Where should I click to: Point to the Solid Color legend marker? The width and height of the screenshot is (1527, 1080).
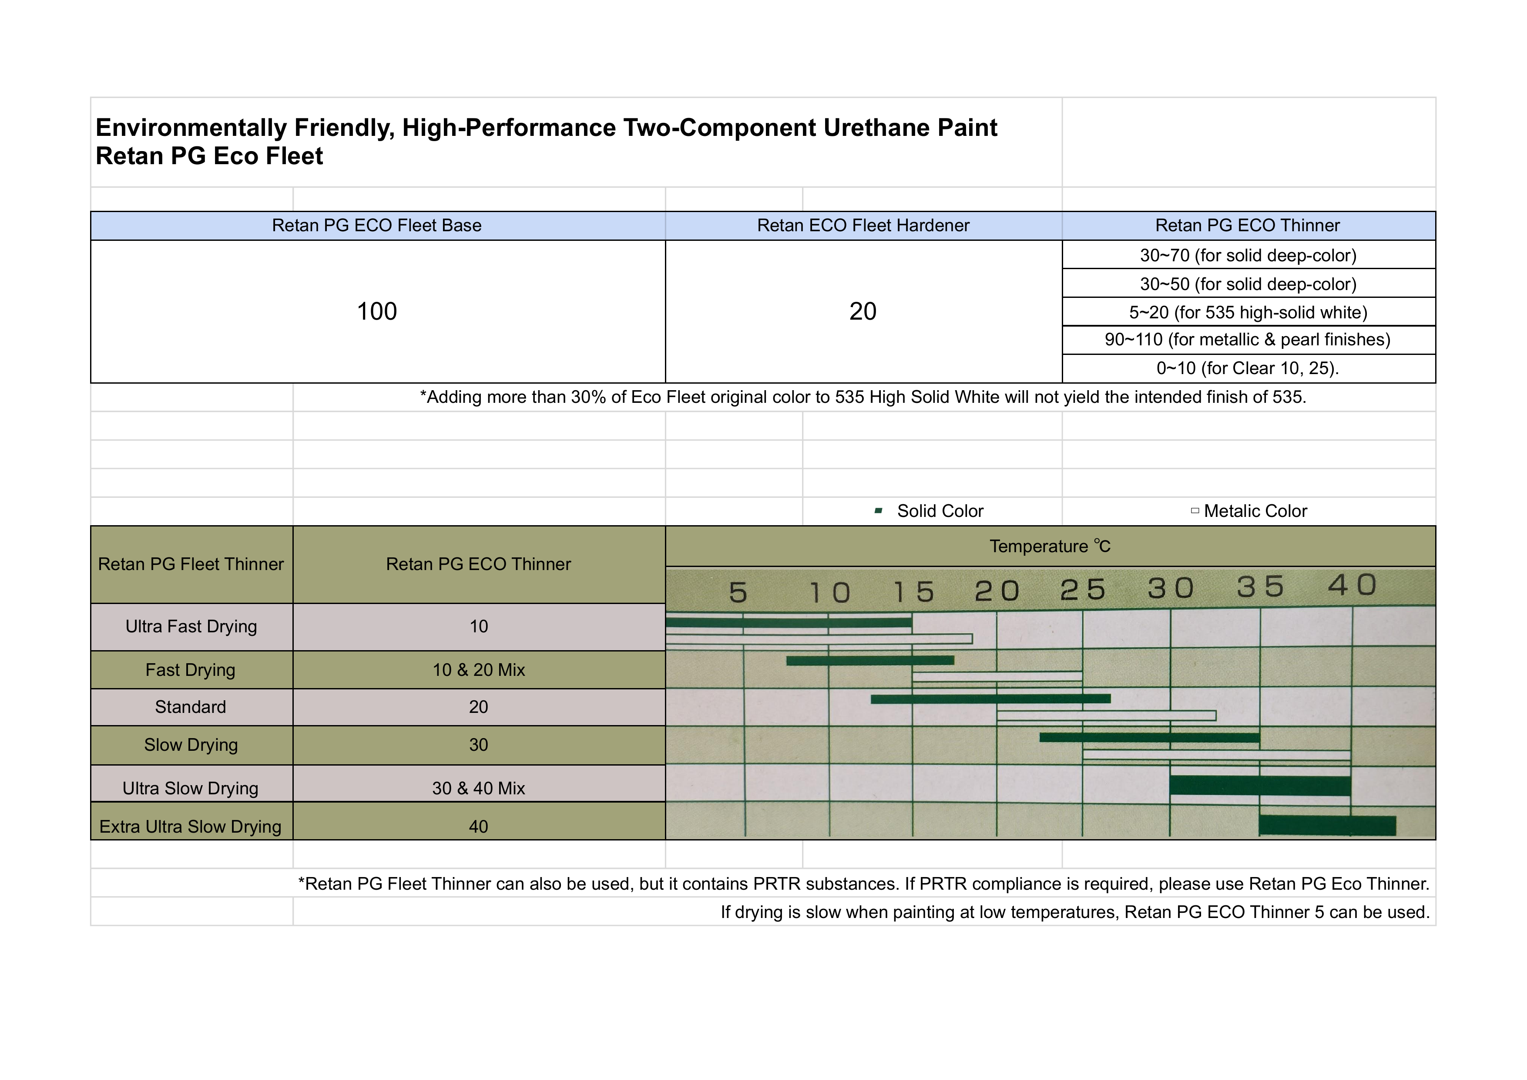[879, 511]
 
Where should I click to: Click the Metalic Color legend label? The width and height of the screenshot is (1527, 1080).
[1255, 511]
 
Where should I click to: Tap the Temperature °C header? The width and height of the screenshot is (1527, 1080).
[1050, 547]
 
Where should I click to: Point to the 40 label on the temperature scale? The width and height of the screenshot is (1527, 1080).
[1352, 586]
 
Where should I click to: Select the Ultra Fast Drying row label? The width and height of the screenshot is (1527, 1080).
[191, 627]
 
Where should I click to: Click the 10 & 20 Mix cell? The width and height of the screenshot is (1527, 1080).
[478, 670]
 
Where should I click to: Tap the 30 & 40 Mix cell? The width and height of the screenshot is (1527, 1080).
[478, 789]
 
